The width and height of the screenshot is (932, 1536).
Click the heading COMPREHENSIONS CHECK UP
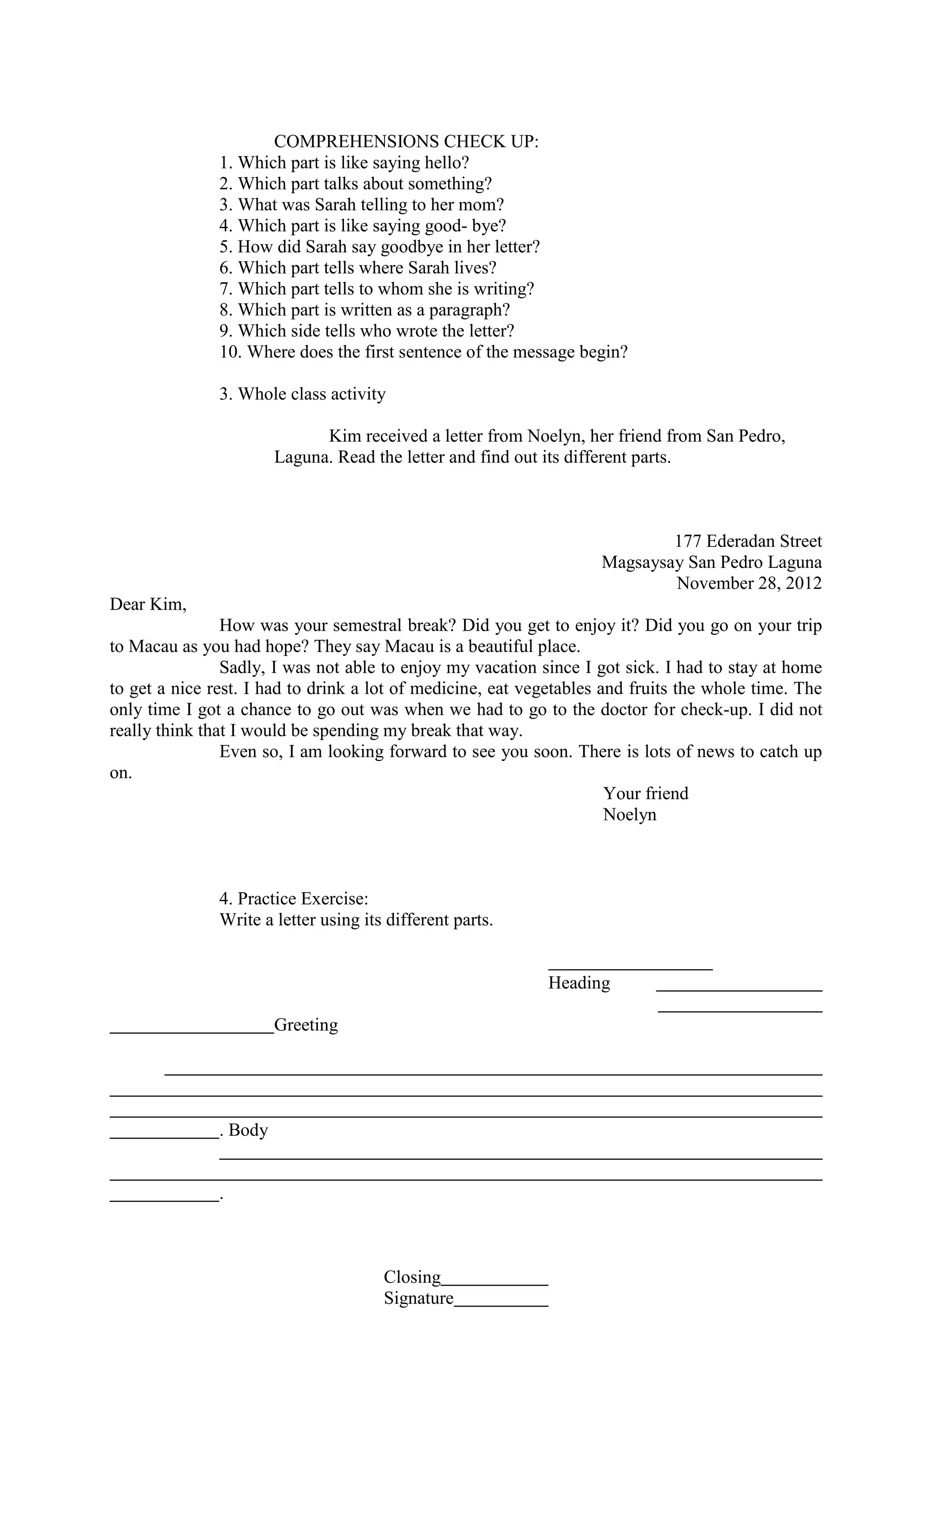coord(406,142)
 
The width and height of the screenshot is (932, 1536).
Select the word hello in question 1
coord(446,163)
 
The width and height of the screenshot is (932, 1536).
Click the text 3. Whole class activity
coord(302,394)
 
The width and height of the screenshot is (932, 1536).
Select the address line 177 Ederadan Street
coord(748,541)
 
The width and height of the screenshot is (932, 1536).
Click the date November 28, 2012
coord(749,583)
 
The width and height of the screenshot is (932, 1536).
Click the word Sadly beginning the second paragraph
coord(240,668)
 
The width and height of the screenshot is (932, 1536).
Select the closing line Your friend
coord(645,794)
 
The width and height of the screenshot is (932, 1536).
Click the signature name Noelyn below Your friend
coord(629,815)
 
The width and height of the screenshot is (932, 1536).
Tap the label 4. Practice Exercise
coord(294,899)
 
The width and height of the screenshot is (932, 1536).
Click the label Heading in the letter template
coord(579,983)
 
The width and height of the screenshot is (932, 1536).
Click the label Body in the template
coord(248,1130)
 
